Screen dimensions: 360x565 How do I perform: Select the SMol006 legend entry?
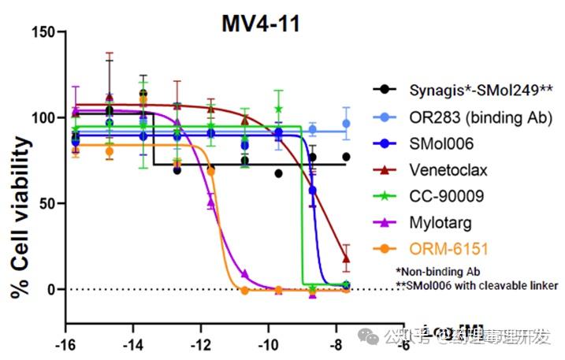pyautogui.click(x=437, y=145)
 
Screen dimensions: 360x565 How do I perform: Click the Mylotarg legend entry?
pyautogui.click(x=437, y=223)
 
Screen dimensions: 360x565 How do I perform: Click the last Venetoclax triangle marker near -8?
pyautogui.click(x=346, y=258)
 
